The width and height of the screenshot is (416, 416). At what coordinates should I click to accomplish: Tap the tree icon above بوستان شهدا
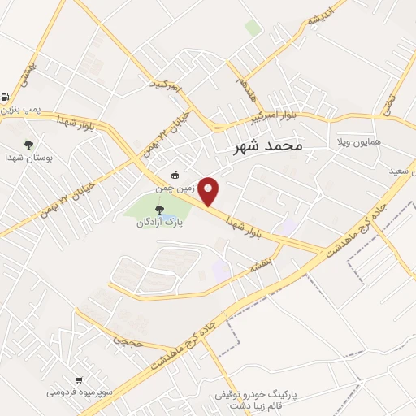(x=30, y=145)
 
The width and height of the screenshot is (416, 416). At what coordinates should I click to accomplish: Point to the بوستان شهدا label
(x=28, y=158)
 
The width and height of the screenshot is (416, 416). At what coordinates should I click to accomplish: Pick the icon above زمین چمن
(x=175, y=174)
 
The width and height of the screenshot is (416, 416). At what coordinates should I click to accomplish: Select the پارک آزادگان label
(x=159, y=222)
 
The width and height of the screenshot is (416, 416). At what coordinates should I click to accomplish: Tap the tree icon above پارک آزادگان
(x=159, y=210)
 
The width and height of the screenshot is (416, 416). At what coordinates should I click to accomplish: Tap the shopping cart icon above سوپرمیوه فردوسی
(x=79, y=379)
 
